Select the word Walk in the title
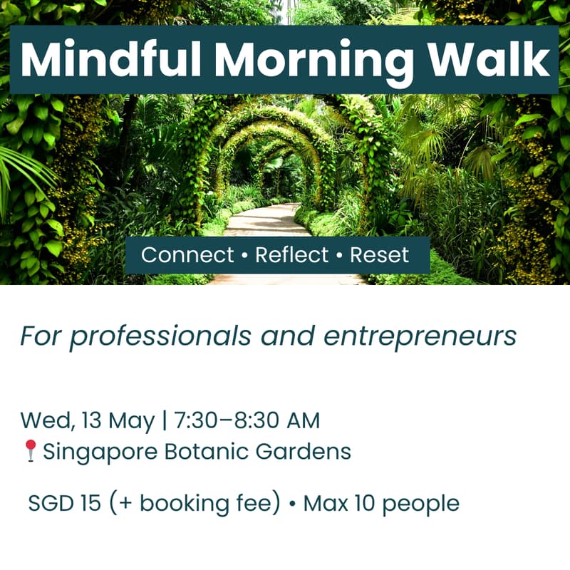pos(487,60)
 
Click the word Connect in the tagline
pos(187,255)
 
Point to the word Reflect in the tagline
pos(292,255)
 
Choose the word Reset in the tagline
pos(380,255)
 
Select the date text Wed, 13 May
pos(87,420)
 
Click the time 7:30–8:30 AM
pos(247,420)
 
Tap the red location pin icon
pos(30,450)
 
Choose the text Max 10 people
pos(381,504)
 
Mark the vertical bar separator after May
pos(164,420)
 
